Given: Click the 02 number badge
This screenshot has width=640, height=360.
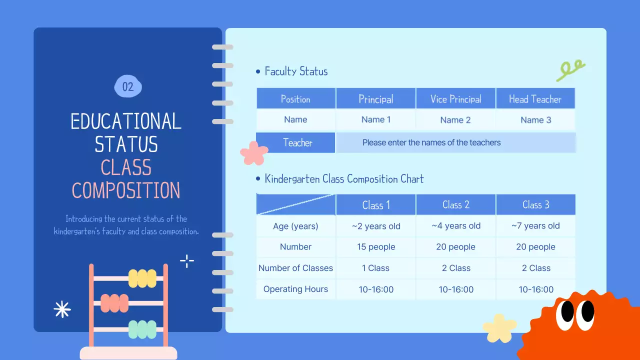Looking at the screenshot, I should tap(128, 87).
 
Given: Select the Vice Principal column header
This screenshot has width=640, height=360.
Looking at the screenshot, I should tap(455, 99).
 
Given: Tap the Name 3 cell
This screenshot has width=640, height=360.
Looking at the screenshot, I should tap(535, 120).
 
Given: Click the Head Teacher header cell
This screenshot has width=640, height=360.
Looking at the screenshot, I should tap(535, 99).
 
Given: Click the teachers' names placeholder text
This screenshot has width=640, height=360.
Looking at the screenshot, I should tap(431, 143).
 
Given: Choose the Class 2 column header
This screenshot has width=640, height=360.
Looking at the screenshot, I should tap(455, 205).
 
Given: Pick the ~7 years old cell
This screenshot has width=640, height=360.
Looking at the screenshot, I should tap(535, 226).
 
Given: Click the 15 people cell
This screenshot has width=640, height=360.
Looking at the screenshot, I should tap(376, 247).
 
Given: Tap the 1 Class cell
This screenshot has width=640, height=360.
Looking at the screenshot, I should tap(376, 268).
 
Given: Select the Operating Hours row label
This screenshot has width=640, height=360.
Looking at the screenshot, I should tap(295, 289).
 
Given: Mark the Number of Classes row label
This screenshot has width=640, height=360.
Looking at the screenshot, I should tap(295, 268).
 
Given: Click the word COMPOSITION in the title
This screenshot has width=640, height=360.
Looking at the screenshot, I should tap(126, 190).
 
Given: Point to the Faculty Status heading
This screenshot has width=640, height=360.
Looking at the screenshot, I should tap(296, 71).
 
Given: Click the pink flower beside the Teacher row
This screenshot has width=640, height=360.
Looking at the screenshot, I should tap(254, 153).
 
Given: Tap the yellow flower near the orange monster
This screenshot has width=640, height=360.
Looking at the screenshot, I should tap(499, 327).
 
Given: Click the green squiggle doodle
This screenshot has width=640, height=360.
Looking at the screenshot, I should tap(570, 70).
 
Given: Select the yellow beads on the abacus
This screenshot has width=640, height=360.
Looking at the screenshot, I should tap(142, 278).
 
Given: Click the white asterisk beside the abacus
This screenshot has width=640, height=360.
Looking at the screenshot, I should tap(62, 309).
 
